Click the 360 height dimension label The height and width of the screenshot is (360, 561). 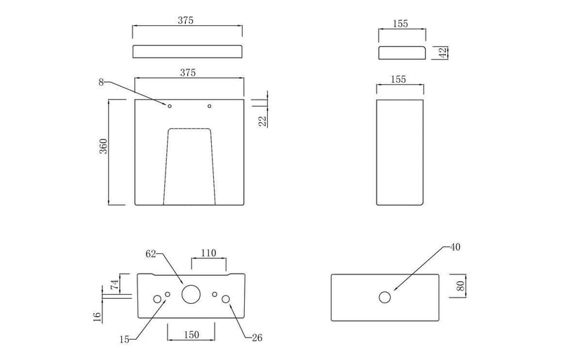click(103, 146)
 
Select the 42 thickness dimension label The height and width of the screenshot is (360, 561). click(443, 53)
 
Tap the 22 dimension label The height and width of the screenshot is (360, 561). click(263, 121)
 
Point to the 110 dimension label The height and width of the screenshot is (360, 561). click(208, 253)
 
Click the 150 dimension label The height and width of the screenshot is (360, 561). click(191, 335)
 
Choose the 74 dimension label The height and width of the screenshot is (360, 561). click(114, 285)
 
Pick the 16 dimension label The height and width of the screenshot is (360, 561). click(97, 317)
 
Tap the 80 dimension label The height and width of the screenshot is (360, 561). click(461, 286)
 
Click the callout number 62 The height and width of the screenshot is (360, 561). click(151, 254)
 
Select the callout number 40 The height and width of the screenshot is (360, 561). click(455, 247)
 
